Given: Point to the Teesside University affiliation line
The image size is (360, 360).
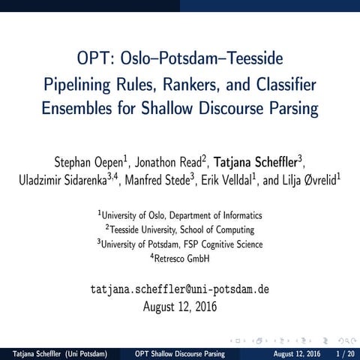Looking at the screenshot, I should (181, 229).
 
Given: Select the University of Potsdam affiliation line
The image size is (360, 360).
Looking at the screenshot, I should (181, 244).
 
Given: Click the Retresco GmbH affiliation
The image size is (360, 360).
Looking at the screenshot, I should (181, 259).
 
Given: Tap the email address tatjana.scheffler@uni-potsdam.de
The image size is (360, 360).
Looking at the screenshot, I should (180, 288).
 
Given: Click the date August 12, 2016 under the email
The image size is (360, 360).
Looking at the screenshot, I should (180, 306).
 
